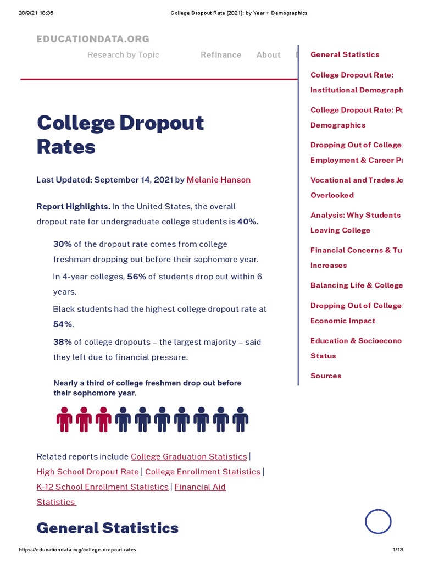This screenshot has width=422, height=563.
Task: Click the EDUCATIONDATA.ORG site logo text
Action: tap(93, 39)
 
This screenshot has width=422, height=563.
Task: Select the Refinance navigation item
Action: tap(221, 54)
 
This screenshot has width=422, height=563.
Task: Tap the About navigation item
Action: tap(268, 54)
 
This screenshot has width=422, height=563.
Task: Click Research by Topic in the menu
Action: tap(123, 54)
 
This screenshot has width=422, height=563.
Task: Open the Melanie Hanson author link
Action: tap(219, 180)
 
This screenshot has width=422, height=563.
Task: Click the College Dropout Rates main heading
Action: tap(120, 135)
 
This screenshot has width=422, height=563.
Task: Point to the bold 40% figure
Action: tap(248, 222)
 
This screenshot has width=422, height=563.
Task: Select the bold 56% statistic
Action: tap(137, 277)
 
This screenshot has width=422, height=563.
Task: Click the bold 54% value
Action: tap(63, 324)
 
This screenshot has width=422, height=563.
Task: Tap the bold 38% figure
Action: tap(63, 342)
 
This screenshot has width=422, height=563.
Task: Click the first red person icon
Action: tap(64, 420)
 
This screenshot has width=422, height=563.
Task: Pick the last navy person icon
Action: tap(240, 420)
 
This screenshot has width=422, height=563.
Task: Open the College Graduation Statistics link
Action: tap(189, 457)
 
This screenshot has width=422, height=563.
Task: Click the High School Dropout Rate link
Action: tap(87, 472)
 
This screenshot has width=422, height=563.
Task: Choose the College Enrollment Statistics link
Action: tap(203, 472)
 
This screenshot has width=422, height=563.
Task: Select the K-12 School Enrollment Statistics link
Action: tap(102, 487)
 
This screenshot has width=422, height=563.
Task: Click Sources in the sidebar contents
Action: tap(326, 376)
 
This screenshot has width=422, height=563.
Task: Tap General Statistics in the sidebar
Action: tap(345, 54)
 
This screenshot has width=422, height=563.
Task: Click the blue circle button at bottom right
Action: tap(378, 521)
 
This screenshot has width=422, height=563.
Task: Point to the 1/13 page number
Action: tap(398, 550)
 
